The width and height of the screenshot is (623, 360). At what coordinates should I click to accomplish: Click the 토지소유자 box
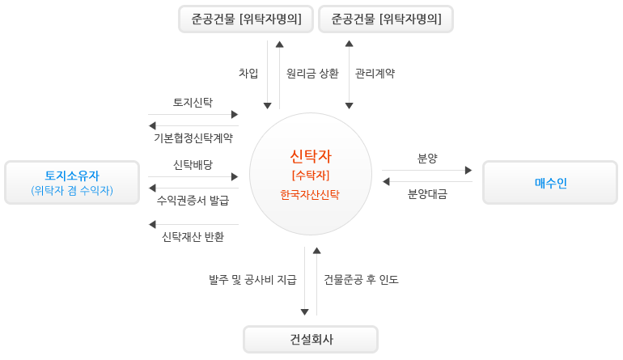click(72, 182)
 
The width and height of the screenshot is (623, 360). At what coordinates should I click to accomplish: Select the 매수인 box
click(550, 182)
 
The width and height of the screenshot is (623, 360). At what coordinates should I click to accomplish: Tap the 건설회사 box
click(311, 339)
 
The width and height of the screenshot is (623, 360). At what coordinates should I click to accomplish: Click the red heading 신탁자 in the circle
click(311, 156)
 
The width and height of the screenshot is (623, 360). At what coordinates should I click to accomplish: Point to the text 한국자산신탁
click(310, 195)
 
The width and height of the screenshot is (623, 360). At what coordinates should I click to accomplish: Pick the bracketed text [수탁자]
click(311, 176)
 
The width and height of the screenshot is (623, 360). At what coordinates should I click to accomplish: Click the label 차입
click(248, 73)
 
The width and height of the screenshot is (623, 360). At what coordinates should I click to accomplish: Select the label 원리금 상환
click(312, 73)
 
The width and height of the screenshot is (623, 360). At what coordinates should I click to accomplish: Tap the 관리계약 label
click(375, 73)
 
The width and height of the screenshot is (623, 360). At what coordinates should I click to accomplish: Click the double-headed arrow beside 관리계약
click(350, 74)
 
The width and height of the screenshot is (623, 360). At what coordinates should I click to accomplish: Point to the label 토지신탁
click(193, 103)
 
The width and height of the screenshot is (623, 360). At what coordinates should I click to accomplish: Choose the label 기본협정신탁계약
click(193, 138)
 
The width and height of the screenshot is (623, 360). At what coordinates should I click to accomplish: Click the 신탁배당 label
click(193, 164)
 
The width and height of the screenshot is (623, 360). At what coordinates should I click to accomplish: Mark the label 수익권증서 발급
click(193, 201)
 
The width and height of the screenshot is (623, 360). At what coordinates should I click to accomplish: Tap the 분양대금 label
click(427, 194)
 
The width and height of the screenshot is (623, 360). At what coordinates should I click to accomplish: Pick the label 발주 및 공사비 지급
click(252, 280)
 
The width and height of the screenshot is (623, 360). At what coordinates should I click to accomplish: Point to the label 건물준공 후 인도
click(361, 280)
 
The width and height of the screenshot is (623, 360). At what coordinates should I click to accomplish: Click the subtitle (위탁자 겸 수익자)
click(72, 190)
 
